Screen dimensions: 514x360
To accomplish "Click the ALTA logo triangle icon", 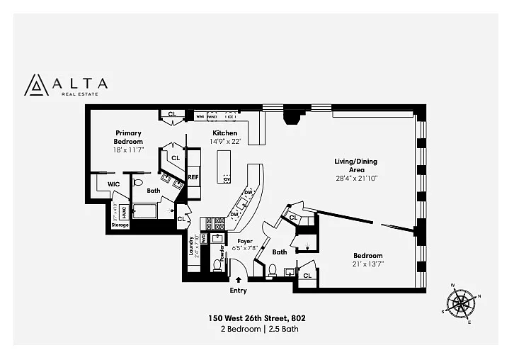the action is (35, 84).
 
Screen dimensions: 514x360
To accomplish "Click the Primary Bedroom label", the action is (128, 137).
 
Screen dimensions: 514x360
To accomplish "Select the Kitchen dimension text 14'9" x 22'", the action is (226, 141).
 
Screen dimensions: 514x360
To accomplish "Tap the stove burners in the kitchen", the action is (214, 224).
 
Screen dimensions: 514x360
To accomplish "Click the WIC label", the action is (113, 184).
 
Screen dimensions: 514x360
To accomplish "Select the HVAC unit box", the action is (123, 210).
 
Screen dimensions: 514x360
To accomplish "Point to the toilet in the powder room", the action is (218, 265).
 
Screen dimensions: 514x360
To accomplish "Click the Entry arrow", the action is (238, 281).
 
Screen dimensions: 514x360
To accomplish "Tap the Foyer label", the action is (245, 241).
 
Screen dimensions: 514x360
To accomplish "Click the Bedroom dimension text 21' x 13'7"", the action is (368, 264).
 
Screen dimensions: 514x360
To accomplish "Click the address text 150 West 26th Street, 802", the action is (256, 318).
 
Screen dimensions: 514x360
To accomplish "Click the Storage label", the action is (120, 225).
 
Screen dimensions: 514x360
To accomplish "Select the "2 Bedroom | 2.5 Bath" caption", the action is (256, 330).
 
